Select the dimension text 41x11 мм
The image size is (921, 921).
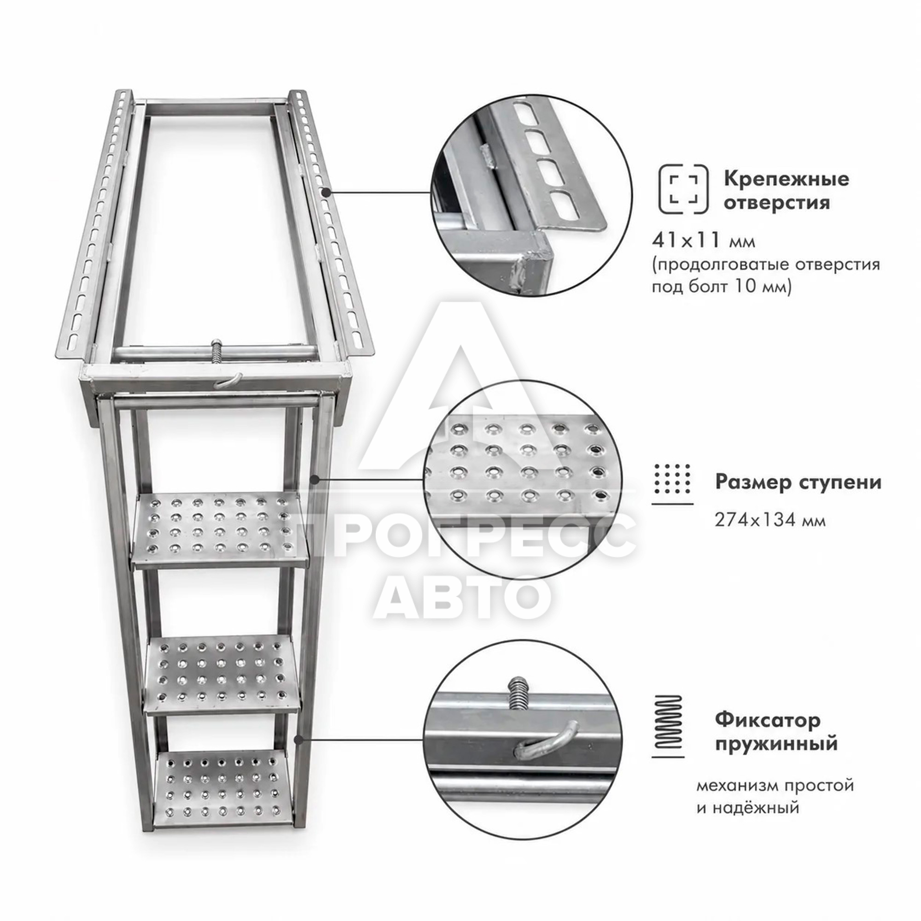coord(703,241)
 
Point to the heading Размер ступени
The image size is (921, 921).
coord(798,483)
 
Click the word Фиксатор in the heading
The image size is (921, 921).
coord(768,720)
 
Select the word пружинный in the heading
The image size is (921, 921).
coord(776,744)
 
